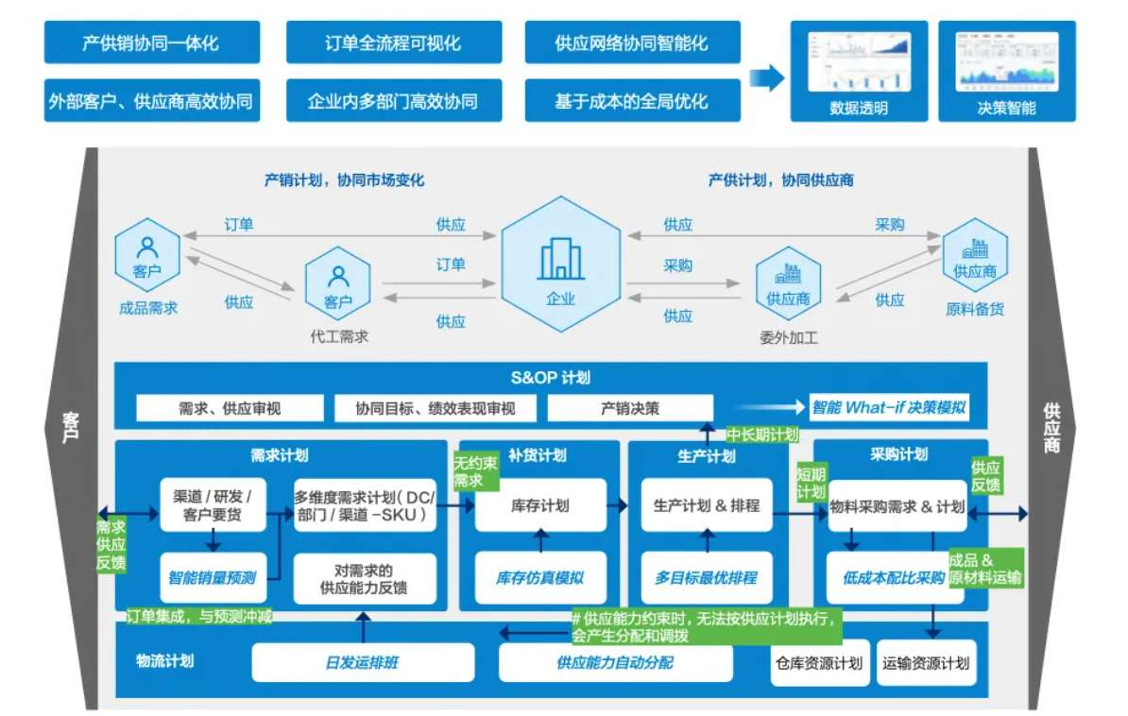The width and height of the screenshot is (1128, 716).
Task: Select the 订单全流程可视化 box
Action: point(393,43)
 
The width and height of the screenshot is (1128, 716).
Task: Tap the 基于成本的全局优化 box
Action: point(632,101)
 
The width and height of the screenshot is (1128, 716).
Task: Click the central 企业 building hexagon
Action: point(561,264)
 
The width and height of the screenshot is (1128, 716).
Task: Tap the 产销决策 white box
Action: point(630,408)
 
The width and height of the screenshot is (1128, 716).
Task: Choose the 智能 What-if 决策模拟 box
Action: point(889,408)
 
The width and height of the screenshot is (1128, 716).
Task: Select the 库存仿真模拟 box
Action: point(539,577)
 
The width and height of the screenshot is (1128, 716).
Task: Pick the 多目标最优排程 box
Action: point(706,577)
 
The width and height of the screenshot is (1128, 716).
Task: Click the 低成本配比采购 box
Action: point(894,577)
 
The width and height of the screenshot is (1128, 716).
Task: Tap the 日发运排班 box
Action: point(363,662)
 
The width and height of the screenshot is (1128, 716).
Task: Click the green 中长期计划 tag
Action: point(762,435)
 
